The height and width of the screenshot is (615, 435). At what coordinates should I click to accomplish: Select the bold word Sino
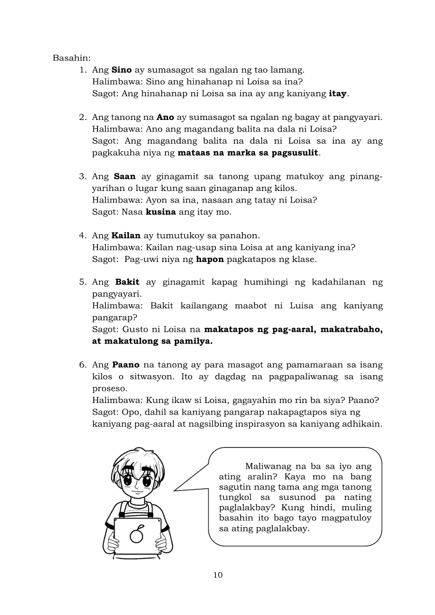click(x=121, y=69)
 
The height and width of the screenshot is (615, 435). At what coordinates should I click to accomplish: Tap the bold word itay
click(x=338, y=94)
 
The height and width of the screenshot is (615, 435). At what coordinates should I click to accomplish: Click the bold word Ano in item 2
click(x=165, y=117)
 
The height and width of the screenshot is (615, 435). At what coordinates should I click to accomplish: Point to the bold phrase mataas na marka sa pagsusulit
click(x=249, y=153)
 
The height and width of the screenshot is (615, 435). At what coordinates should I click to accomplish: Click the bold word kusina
click(x=161, y=212)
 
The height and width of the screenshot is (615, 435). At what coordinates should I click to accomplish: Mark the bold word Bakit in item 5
click(x=127, y=282)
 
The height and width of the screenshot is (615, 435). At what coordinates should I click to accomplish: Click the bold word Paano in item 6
click(x=126, y=365)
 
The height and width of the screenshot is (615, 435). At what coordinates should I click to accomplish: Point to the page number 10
click(x=218, y=574)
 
